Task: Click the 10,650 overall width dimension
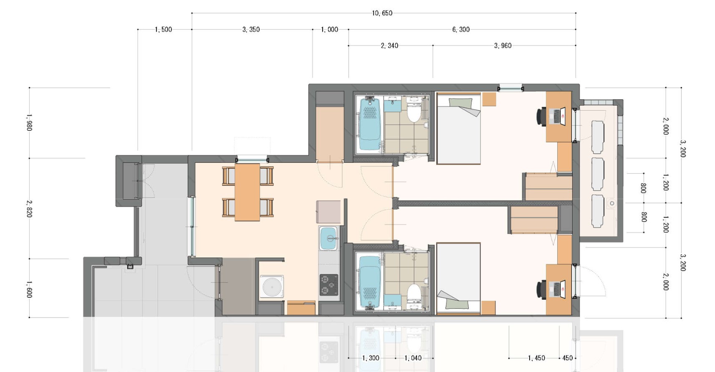382,13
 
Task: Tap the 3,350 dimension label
251,29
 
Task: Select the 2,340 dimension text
389,46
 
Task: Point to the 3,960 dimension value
503,46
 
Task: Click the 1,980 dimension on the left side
29,122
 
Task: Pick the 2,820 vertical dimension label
29,208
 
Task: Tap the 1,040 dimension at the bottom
413,358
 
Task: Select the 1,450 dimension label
536,358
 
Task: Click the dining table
248,192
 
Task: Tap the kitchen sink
328,238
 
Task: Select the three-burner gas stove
329,284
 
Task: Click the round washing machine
272,287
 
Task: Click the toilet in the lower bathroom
414,293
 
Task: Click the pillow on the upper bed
460,103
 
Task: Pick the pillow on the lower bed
457,304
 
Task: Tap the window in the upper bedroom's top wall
511,88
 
